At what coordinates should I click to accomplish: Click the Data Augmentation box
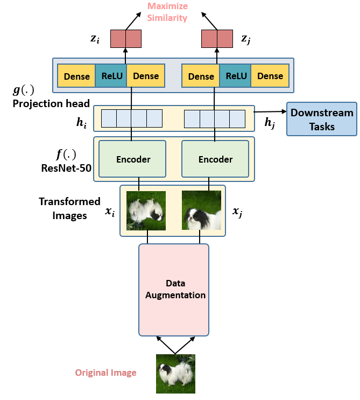click(x=174, y=289)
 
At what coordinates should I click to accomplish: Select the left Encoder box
click(x=133, y=159)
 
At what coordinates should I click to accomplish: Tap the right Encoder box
click(x=215, y=159)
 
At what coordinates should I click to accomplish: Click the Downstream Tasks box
click(x=321, y=119)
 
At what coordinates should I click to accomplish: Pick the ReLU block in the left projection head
click(x=112, y=76)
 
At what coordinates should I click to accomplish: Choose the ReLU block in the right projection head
click(x=236, y=76)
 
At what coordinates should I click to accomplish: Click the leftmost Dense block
click(x=76, y=76)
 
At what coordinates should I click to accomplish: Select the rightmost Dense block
click(x=270, y=76)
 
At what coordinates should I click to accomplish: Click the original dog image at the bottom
click(x=175, y=374)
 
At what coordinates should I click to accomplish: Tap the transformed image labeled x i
click(x=146, y=210)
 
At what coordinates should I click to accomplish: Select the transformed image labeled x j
click(x=201, y=210)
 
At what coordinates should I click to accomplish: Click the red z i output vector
click(x=125, y=39)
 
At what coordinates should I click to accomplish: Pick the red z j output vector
click(x=217, y=39)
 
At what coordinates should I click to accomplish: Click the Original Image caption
click(x=105, y=373)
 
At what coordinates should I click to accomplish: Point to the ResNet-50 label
click(x=66, y=167)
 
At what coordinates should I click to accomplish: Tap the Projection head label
click(x=51, y=103)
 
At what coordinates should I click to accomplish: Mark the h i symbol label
click(x=81, y=123)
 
